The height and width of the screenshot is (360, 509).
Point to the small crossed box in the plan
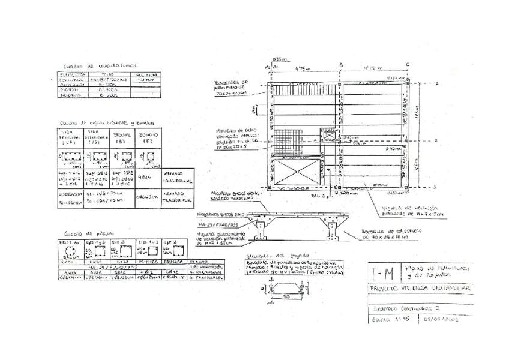(x=328, y=136)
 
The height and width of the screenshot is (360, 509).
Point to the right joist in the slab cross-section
(x=334, y=230)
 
